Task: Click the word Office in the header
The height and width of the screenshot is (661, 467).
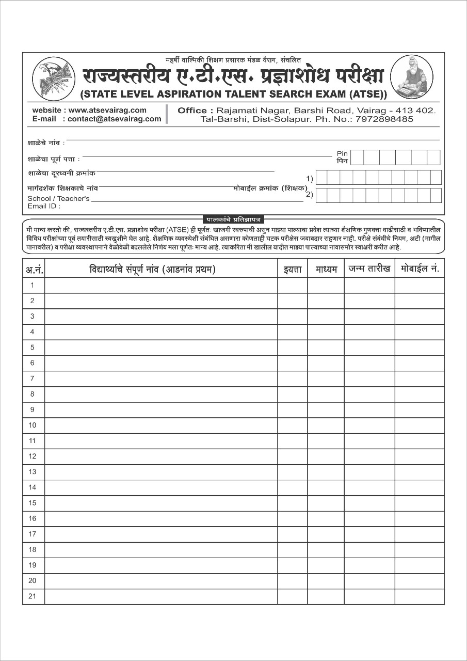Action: click(x=192, y=111)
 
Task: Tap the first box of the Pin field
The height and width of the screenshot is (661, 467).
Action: click(x=357, y=158)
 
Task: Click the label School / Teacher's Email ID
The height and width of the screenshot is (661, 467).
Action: click(x=58, y=202)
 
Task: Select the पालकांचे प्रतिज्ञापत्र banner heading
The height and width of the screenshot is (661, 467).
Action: click(x=233, y=219)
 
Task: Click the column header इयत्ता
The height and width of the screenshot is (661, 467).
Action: click(x=293, y=269)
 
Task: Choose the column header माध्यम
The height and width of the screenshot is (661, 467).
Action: click(x=326, y=269)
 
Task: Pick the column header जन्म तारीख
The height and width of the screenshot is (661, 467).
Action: click(x=369, y=269)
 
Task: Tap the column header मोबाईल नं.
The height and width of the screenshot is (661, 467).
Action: click(x=420, y=269)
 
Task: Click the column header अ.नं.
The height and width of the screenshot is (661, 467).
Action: click(x=34, y=269)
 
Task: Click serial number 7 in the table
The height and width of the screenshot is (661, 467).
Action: click(x=33, y=379)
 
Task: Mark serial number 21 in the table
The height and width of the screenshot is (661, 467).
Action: click(x=33, y=596)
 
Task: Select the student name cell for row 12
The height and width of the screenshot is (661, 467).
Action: click(x=161, y=457)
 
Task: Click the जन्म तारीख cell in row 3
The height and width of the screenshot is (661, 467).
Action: click(x=369, y=317)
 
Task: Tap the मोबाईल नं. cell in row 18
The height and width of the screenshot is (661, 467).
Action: click(x=420, y=550)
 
